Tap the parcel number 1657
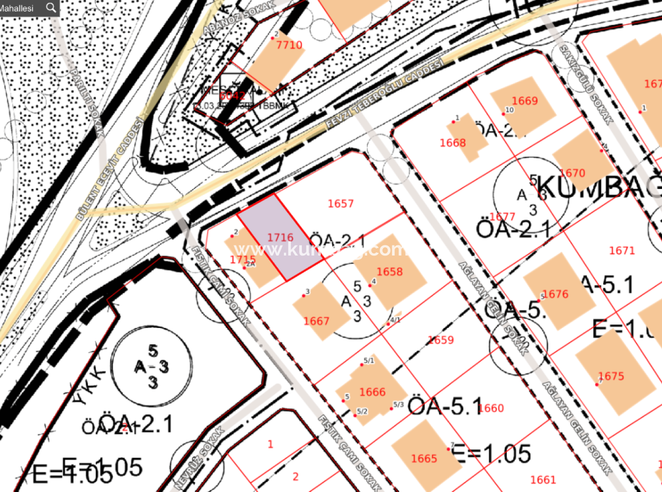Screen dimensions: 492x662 341,204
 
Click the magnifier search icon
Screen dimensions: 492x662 51,7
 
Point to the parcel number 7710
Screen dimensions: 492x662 290,45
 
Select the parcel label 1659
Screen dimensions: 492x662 441,340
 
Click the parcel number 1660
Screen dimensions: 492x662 490,408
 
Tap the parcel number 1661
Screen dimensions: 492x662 543,480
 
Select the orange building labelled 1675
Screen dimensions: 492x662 611,377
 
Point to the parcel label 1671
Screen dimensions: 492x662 622,251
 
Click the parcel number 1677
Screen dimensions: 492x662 502,216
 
